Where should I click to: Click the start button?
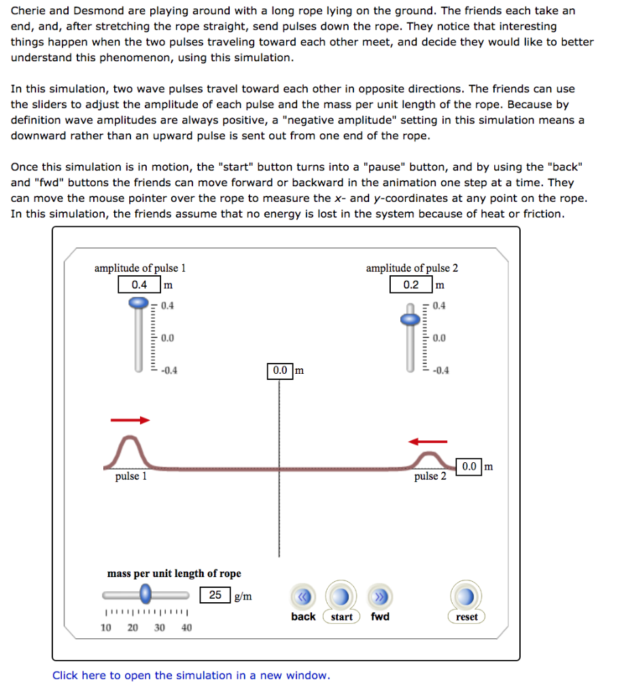(x=341, y=598)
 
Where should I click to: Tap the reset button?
(x=466, y=598)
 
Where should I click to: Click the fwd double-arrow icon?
(x=380, y=597)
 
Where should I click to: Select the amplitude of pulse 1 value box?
(x=139, y=284)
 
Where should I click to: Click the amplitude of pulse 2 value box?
(x=411, y=284)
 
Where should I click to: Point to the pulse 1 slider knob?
(x=139, y=302)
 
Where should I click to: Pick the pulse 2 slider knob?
(x=410, y=319)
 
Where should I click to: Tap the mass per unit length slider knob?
(x=145, y=595)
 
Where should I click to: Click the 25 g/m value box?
(x=215, y=595)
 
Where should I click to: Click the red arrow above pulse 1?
(x=130, y=420)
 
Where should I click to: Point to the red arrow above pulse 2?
(x=428, y=442)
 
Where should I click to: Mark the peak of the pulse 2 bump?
(x=429, y=454)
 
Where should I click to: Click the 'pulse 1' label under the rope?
(x=131, y=476)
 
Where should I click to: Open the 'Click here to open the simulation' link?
(x=191, y=675)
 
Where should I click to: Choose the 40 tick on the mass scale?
(x=186, y=627)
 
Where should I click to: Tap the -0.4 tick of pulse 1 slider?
(x=167, y=370)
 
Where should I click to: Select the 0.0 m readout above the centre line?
(x=280, y=370)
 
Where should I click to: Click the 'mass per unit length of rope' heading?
(x=174, y=574)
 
